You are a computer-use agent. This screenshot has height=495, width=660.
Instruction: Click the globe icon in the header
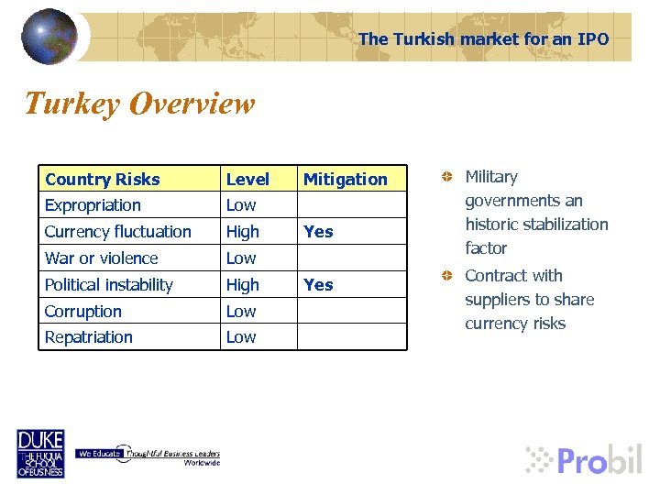(x=49, y=36)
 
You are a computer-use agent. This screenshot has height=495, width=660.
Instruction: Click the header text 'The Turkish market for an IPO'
(x=483, y=38)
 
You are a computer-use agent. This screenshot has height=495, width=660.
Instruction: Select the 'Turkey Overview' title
(x=139, y=104)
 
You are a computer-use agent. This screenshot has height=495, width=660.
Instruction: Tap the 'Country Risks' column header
(x=102, y=179)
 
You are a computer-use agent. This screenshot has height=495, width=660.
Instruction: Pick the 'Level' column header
(x=247, y=179)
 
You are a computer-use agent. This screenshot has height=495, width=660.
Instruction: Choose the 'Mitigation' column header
(x=345, y=179)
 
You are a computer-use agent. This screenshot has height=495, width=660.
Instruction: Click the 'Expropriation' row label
(x=93, y=205)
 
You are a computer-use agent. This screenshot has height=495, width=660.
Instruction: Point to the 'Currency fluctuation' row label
(x=117, y=232)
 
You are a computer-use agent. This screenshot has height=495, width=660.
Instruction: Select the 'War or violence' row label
(x=101, y=258)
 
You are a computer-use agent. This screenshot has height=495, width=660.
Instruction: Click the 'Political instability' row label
(x=108, y=285)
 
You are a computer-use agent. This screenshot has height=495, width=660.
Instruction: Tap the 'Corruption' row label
(x=82, y=312)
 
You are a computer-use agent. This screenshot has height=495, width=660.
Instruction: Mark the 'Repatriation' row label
(x=88, y=337)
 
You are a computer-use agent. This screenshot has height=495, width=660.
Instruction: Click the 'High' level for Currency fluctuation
(x=243, y=232)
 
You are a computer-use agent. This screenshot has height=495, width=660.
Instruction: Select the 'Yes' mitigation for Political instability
(x=318, y=285)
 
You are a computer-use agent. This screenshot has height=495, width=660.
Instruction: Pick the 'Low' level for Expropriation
(x=241, y=205)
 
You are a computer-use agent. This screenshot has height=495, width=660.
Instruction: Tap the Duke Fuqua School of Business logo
(x=40, y=454)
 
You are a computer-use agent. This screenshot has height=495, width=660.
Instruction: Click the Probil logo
(x=584, y=458)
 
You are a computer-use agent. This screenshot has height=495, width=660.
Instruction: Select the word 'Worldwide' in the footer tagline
(x=202, y=463)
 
